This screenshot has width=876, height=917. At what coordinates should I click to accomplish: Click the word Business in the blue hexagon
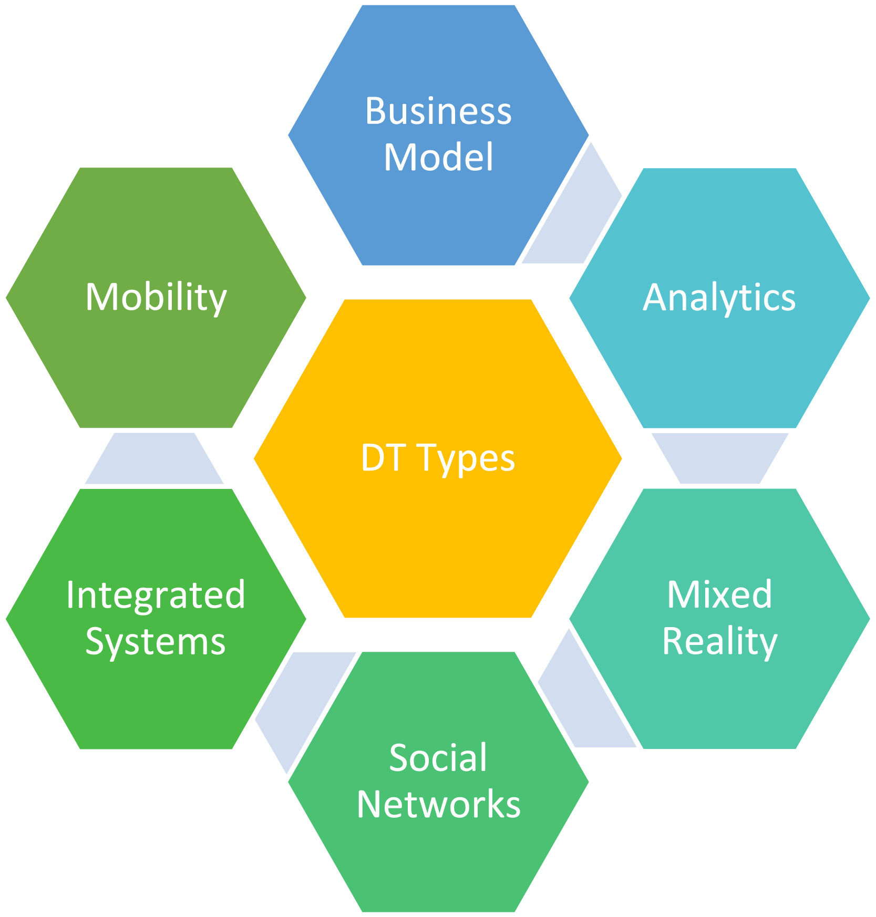pyautogui.click(x=438, y=111)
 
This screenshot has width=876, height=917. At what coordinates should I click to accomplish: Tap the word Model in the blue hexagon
pyautogui.click(x=438, y=157)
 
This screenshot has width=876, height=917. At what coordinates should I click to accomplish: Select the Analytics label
pyautogui.click(x=719, y=298)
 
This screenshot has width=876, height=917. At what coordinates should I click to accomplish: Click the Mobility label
pyautogui.click(x=156, y=298)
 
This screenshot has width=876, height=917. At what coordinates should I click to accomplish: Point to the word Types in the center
pyautogui.click(x=466, y=458)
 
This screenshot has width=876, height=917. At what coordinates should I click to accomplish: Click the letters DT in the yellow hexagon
pyautogui.click(x=382, y=458)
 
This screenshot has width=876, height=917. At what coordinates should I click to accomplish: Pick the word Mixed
pyautogui.click(x=719, y=595)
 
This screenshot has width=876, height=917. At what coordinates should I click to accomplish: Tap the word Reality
pyautogui.click(x=719, y=641)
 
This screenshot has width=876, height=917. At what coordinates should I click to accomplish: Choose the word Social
pyautogui.click(x=438, y=758)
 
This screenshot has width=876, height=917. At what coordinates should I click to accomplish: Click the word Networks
pyautogui.click(x=438, y=805)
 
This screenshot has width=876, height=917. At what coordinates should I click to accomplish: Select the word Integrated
pyautogui.click(x=156, y=596)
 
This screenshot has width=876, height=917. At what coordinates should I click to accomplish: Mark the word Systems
pyautogui.click(x=156, y=642)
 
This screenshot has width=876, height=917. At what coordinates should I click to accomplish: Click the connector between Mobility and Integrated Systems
pyautogui.click(x=154, y=458)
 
